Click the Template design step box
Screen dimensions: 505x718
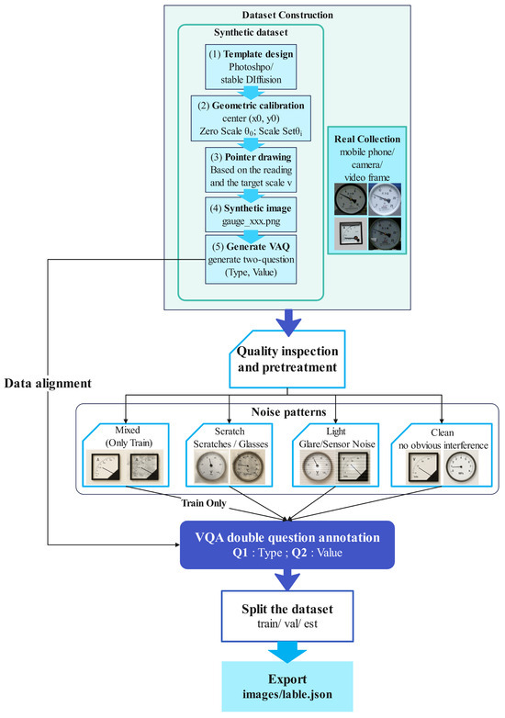pos(251,67)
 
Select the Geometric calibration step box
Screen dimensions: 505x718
pos(251,118)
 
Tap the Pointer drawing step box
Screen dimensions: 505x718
pos(251,170)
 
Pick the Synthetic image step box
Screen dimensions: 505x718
pos(251,215)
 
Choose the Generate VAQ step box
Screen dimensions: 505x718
pos(251,259)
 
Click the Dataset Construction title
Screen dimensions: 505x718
pos(287,15)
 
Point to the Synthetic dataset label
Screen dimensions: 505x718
pos(251,32)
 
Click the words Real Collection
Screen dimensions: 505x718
pos(367,139)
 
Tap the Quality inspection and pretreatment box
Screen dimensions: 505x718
pos(287,359)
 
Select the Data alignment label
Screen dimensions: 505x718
pos(48,383)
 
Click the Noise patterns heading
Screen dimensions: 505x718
pos(288,412)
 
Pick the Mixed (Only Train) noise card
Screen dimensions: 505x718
pos(126,454)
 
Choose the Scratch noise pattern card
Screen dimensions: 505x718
pos(229,454)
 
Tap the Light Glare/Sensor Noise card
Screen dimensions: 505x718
pos(336,454)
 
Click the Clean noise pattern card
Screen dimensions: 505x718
pos(442,454)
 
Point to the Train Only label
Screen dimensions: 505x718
pos(204,503)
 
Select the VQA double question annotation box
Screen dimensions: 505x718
pos(287,544)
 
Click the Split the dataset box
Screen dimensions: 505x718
pos(287,616)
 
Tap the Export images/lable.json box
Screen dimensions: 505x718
pos(287,686)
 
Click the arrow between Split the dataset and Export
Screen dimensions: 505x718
pos(287,652)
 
